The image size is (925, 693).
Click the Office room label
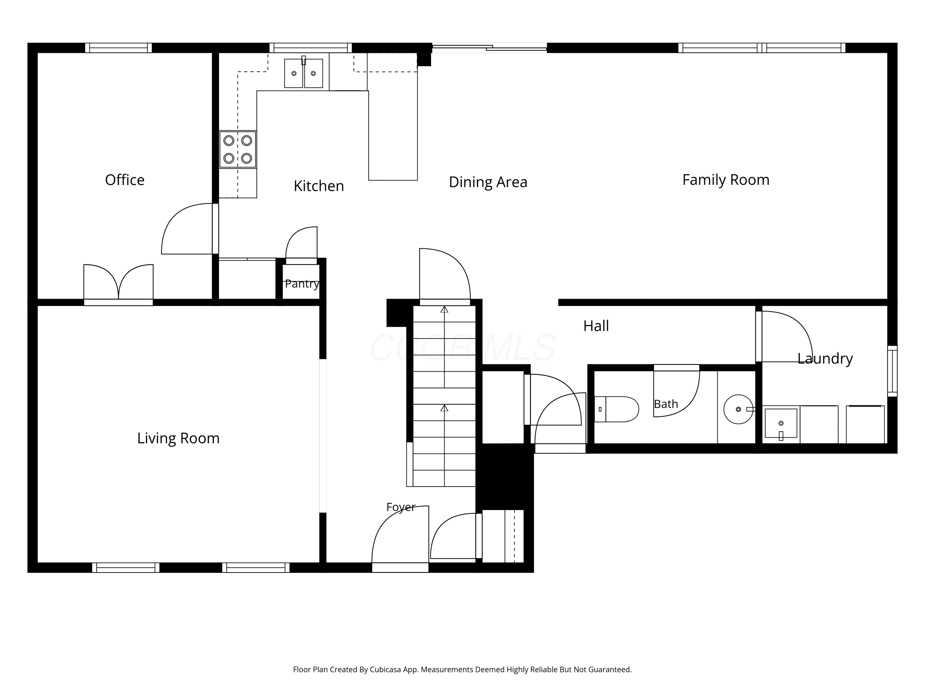[x=125, y=180]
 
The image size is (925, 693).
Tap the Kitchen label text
[x=319, y=186]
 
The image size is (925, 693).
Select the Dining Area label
[x=488, y=182]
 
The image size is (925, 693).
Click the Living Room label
[x=178, y=438]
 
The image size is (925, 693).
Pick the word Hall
[x=596, y=326]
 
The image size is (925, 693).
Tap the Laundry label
[x=825, y=359]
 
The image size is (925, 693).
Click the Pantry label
[x=302, y=284]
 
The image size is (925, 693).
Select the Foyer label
[x=401, y=507]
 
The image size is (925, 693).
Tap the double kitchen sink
[x=304, y=73]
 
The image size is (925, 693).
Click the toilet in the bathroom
[x=616, y=409]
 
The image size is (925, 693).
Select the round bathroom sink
[x=738, y=409]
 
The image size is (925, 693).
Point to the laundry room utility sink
[x=781, y=423]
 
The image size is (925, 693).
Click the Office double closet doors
[x=118, y=284]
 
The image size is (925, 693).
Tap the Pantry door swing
[x=301, y=245]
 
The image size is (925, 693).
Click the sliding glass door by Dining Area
[x=489, y=48]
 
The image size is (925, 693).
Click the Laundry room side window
[x=892, y=371]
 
